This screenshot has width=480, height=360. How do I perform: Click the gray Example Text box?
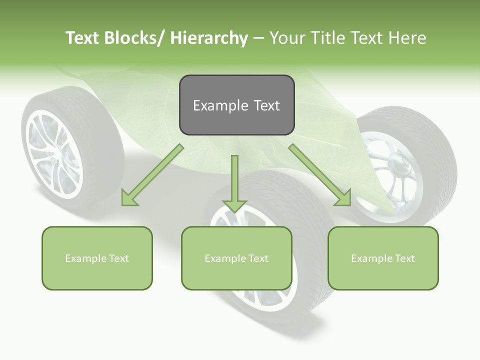tap(236, 105)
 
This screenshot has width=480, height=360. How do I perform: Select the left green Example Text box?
tap(97, 258)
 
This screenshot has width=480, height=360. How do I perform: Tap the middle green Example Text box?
tap(236, 258)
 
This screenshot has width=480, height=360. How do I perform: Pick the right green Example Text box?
tap(383, 258)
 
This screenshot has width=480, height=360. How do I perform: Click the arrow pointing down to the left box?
tap(152, 175)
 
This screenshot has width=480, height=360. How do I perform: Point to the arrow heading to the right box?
tap(320, 175)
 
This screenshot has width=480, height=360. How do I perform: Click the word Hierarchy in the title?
tap(209, 38)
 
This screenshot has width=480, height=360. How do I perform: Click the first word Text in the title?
tap(83, 38)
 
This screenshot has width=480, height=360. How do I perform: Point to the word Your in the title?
tap(287, 38)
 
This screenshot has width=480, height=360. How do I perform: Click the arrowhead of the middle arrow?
tap(234, 205)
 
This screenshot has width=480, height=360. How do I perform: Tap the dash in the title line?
tap(258, 38)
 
